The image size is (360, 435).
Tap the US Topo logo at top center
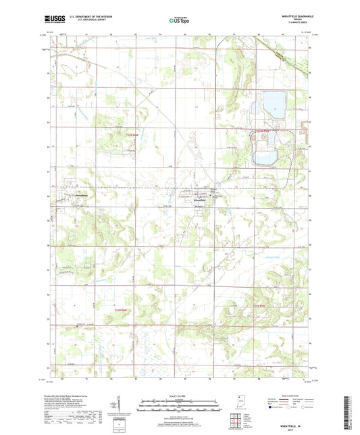[180, 20]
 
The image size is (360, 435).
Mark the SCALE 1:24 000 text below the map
[179, 394]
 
